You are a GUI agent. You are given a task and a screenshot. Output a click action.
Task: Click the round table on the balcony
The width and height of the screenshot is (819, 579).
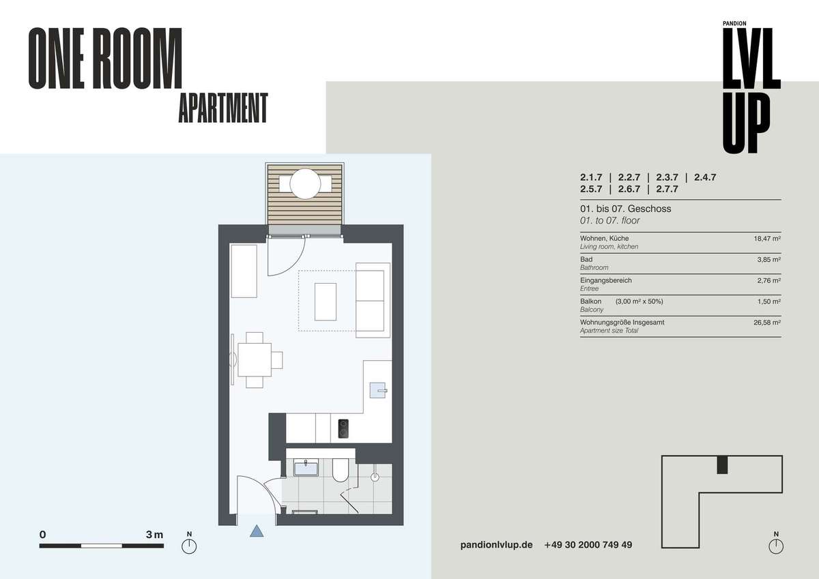(305, 183)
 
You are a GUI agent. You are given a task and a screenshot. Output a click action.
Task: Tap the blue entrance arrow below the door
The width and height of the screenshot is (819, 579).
(257, 531)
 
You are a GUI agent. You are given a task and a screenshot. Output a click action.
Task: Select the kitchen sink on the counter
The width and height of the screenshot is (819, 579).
(377, 390)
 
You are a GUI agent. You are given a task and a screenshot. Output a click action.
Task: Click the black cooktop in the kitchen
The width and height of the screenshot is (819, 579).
(343, 428)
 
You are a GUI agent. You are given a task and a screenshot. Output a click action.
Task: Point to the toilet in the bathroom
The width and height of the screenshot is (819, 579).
(341, 471)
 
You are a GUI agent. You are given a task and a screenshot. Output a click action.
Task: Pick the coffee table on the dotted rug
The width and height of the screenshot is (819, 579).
(326, 301)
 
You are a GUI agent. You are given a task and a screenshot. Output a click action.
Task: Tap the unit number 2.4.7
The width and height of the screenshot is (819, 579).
(705, 177)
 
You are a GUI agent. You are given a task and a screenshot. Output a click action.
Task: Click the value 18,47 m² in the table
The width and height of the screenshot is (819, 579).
(767, 239)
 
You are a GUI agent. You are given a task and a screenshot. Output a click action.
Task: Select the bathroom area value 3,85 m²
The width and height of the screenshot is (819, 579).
(769, 260)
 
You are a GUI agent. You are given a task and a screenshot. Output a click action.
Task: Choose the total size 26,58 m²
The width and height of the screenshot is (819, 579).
(767, 323)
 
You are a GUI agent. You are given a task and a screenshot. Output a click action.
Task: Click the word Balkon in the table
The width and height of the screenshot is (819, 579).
(590, 301)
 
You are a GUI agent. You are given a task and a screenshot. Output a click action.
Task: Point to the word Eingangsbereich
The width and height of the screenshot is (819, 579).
(606, 280)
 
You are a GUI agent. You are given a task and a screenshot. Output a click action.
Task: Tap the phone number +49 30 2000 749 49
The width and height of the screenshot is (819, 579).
(588, 545)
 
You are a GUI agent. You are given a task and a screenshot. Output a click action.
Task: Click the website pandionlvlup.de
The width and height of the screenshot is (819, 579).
(496, 545)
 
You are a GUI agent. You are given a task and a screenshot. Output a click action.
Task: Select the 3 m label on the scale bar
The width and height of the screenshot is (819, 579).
(154, 535)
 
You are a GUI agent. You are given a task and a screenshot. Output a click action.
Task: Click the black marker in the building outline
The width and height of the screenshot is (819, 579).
(722, 464)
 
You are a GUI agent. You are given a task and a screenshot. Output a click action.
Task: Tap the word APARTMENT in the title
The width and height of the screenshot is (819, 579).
(223, 108)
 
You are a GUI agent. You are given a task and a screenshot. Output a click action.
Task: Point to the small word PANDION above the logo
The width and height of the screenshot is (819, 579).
(734, 23)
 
